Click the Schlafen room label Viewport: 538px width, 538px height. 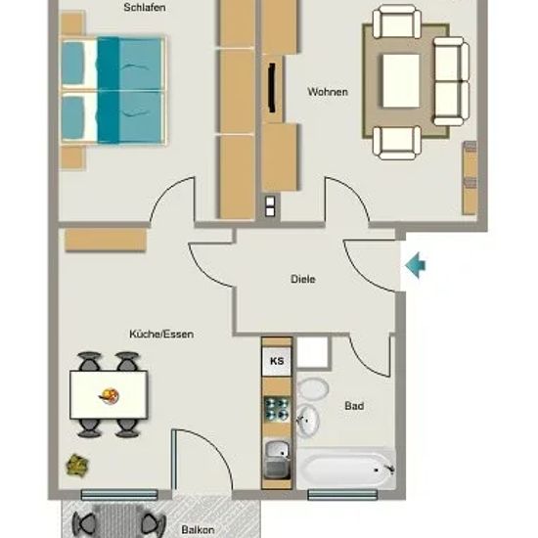(145, 8)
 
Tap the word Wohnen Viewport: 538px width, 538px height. (328, 92)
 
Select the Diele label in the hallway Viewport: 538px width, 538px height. (303, 279)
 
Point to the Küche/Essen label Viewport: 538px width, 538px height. (161, 334)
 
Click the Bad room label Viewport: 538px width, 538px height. (354, 406)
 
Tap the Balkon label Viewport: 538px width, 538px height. (198, 529)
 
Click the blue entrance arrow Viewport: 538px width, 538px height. (415, 265)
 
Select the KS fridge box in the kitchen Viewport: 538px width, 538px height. (277, 361)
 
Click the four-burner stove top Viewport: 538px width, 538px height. (277, 409)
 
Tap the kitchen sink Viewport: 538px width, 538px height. (277, 460)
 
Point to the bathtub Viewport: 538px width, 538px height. (346, 468)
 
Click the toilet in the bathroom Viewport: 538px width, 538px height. (312, 388)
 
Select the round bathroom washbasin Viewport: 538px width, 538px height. (307, 421)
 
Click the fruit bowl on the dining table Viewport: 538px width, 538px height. (110, 396)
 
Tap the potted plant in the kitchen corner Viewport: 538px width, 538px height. (77, 465)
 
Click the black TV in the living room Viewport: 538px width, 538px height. (273, 88)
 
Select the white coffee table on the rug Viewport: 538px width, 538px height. (401, 81)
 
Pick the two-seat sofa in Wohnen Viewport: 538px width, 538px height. (451, 81)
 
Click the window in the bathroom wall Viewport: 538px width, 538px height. (342, 494)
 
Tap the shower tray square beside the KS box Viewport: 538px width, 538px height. (313, 353)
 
